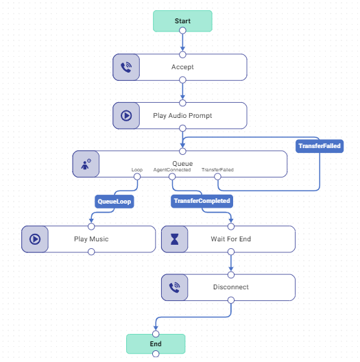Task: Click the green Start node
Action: click(182, 21)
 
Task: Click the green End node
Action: click(156, 343)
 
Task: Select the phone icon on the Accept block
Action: click(126, 67)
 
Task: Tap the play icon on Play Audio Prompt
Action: click(126, 116)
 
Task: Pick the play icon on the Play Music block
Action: click(35, 239)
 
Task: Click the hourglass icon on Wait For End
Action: click(174, 239)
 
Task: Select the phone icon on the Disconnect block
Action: click(174, 287)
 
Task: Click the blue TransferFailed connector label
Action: click(319, 146)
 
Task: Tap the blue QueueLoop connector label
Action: click(115, 202)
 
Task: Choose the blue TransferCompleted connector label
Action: click(202, 201)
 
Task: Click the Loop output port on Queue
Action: click(137, 177)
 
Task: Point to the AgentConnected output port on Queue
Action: click(172, 177)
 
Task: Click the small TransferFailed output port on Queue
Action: click(217, 177)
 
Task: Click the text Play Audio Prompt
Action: click(182, 116)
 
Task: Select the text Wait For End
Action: click(230, 239)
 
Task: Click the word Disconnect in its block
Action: click(230, 287)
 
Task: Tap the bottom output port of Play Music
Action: click(91, 252)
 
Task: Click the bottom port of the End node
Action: click(156, 354)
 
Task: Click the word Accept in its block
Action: click(182, 67)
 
